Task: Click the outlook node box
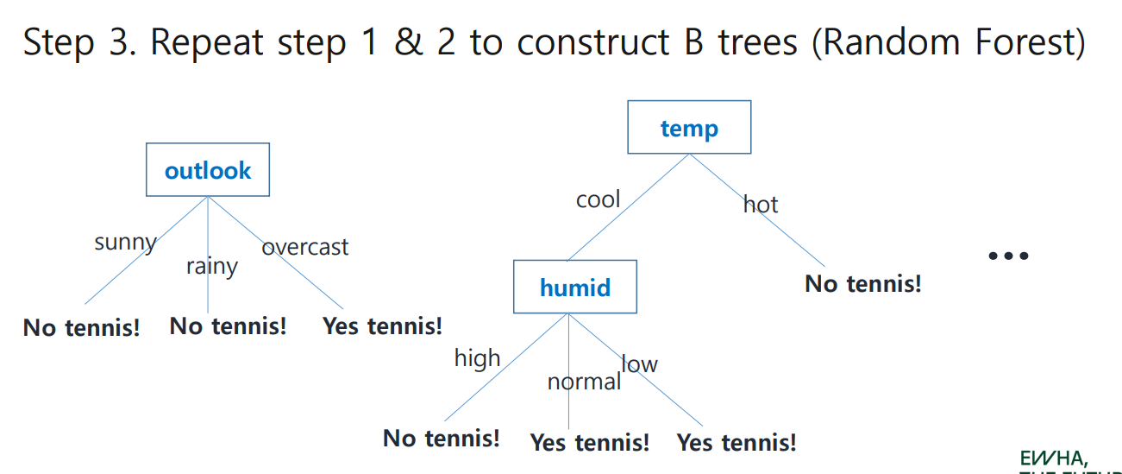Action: point(208,170)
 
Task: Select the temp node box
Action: point(689,128)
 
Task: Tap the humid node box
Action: point(574,287)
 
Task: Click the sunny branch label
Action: point(125,242)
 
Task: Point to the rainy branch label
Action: point(211,266)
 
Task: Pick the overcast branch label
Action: point(305,247)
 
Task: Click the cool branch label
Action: point(598,199)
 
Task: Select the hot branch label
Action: point(761,205)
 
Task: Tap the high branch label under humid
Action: point(477,357)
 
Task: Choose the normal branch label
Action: point(584,382)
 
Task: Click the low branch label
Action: point(640,364)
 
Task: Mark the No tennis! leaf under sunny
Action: point(81,328)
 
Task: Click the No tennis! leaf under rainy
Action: point(228,326)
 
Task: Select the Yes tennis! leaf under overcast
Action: point(382,326)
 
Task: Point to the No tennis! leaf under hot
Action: point(862,283)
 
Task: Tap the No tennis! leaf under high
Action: point(441,438)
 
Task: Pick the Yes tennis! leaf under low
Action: point(737,443)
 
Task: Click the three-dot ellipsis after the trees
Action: point(1008,256)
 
